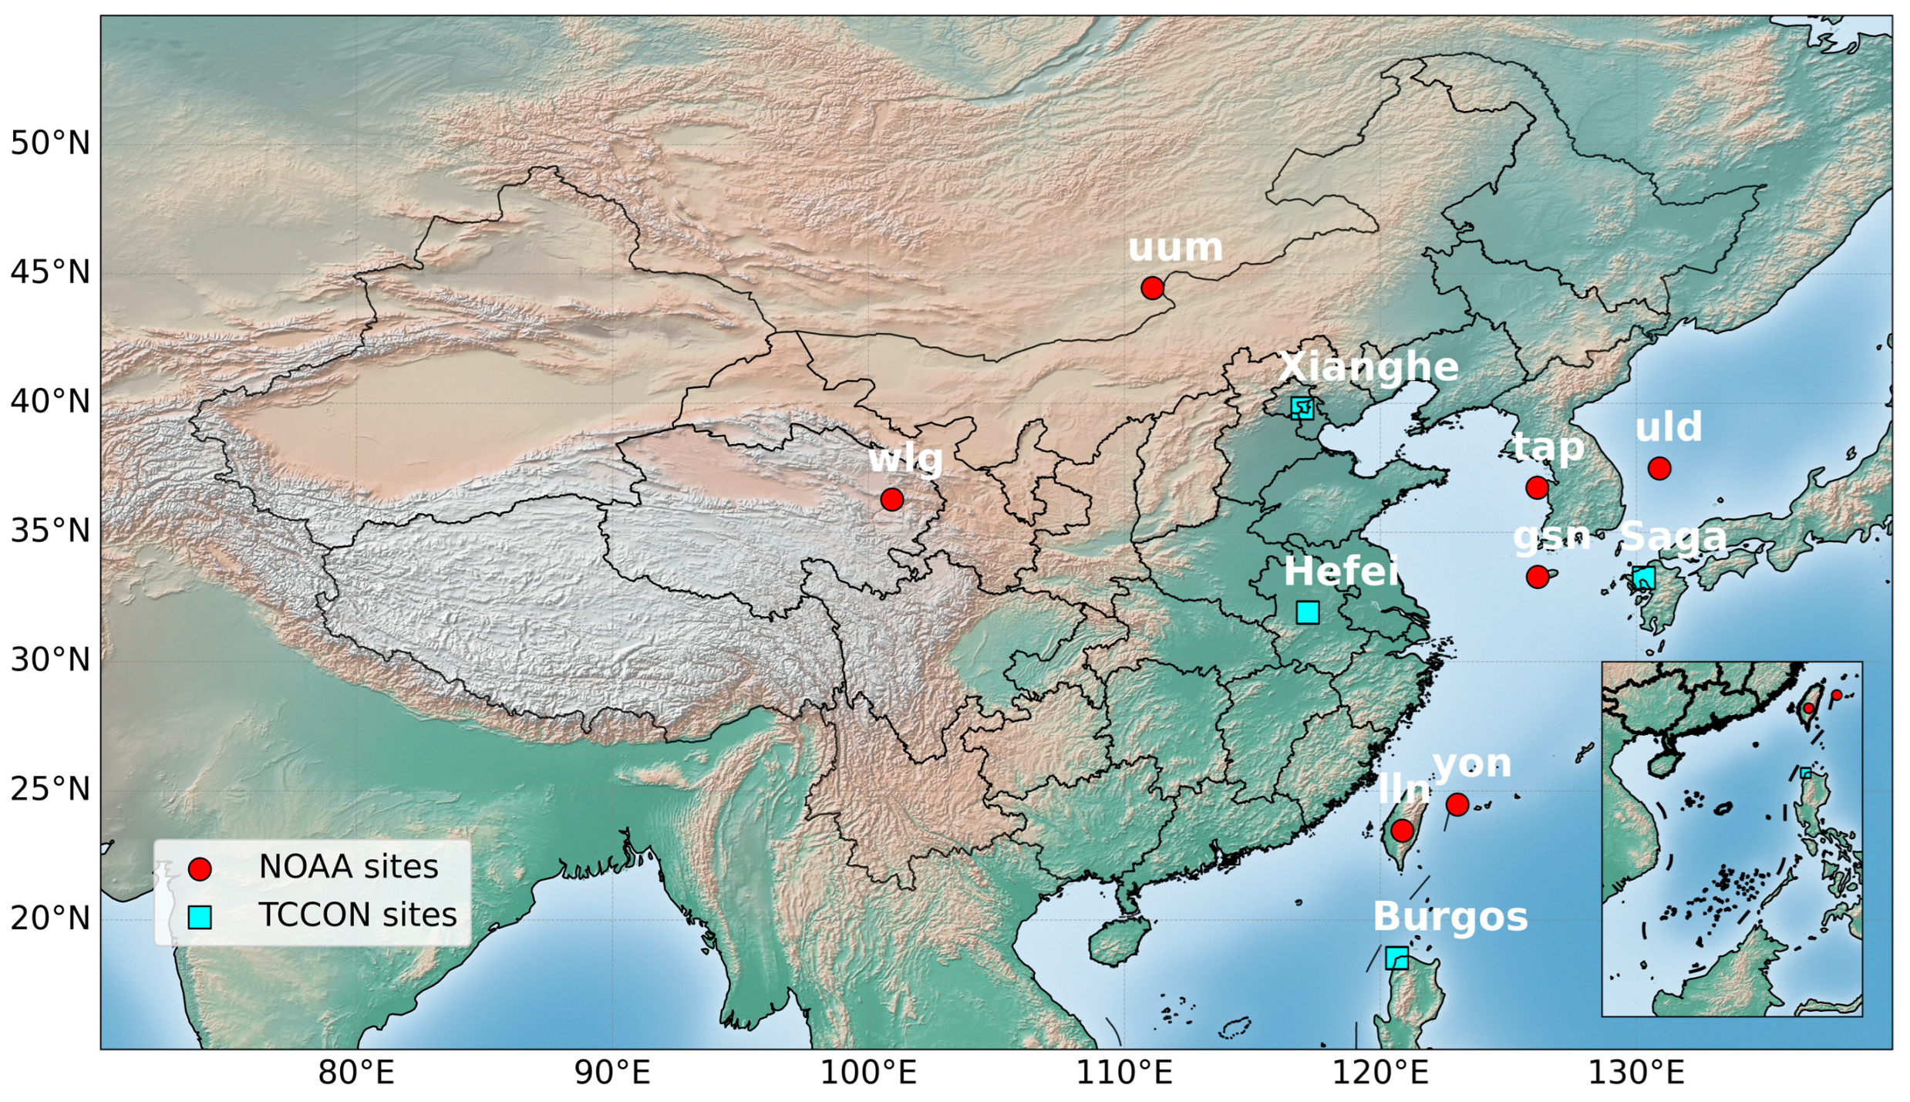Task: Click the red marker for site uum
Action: point(1151,288)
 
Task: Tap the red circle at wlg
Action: point(891,499)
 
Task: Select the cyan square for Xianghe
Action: point(1302,408)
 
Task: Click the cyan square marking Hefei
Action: point(1308,612)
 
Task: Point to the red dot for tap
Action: point(1537,487)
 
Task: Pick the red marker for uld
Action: point(1659,468)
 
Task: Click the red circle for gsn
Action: point(1538,577)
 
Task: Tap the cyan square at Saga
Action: point(1643,578)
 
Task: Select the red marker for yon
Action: point(1457,804)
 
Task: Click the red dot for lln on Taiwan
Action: point(1402,831)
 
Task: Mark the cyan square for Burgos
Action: point(1396,959)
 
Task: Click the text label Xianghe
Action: point(1369,367)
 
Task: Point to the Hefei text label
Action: point(1341,572)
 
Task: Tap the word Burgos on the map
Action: point(1450,917)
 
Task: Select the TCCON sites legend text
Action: point(358,915)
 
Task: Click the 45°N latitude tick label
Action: point(50,273)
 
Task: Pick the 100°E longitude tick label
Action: point(867,1073)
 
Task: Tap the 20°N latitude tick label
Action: point(50,918)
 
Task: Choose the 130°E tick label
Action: point(1635,1073)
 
